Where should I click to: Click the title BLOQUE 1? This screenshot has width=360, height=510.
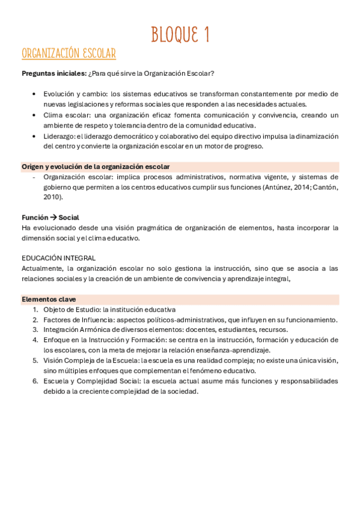[x=180, y=34]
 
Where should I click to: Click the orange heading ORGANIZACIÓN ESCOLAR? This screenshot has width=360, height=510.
[x=69, y=54]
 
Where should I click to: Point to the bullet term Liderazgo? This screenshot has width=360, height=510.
[x=59, y=136]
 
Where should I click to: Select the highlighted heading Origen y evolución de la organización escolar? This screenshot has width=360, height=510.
[x=96, y=167]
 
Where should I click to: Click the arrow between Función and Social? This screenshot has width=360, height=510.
[x=53, y=217]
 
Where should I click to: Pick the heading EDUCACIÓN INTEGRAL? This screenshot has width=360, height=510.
[x=58, y=257]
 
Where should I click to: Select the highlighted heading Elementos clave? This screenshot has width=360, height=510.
[x=49, y=299]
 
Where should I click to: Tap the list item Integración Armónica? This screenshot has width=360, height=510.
[x=81, y=330]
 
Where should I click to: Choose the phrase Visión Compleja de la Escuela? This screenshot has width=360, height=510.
[x=87, y=360]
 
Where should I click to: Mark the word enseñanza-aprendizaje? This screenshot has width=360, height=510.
[x=236, y=350]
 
